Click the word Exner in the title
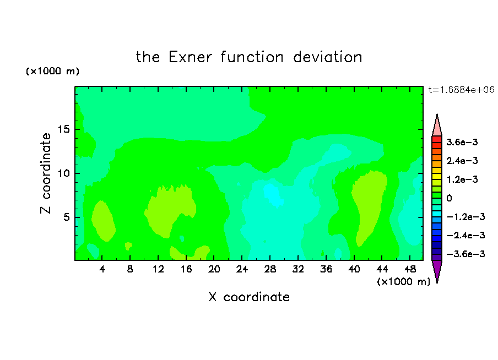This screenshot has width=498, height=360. (190, 57)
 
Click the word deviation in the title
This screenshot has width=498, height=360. (328, 57)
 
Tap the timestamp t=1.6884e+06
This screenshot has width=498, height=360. (461, 90)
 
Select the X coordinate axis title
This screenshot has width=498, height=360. (249, 297)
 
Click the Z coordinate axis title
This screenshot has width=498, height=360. (45, 173)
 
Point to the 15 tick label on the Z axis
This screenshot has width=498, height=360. (63, 129)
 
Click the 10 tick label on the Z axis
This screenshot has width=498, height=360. (63, 173)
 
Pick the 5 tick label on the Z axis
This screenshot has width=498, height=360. (66, 217)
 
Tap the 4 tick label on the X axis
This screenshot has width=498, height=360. (102, 269)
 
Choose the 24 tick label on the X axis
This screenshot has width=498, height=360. (242, 269)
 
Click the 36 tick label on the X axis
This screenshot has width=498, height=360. (326, 269)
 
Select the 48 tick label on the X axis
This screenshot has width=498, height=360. (410, 269)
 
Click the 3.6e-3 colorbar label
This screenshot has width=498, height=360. (462, 142)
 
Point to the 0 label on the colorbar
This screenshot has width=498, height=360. (449, 198)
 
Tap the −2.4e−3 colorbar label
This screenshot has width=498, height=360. (465, 235)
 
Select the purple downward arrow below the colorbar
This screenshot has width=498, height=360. (437, 270)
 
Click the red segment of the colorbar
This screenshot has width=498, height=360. (437, 139)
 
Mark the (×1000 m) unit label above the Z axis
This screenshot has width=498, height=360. (52, 71)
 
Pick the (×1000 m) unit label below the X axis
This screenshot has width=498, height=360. (403, 282)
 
